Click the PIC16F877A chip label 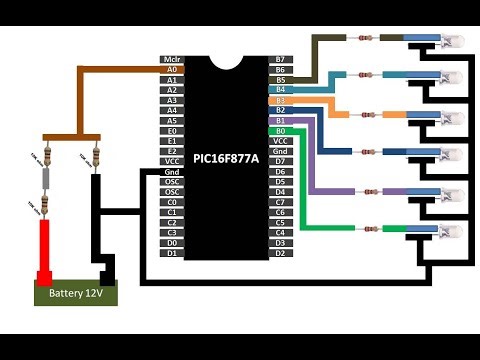227,159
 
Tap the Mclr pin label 171,60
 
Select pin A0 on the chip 171,70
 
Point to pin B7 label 281,60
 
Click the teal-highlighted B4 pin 281,90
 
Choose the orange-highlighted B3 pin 281,100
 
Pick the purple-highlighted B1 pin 281,120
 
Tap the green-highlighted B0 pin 281,130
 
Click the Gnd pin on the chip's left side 171,171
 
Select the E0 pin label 171,130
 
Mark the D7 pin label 281,161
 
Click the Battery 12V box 76,295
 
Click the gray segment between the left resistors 44,180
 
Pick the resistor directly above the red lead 44,204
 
